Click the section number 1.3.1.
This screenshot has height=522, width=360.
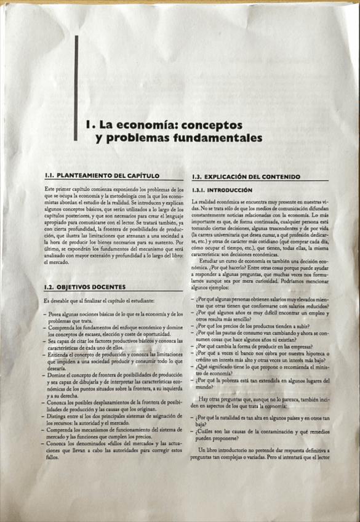(x=201, y=190)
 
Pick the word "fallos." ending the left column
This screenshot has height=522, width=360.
(x=54, y=457)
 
